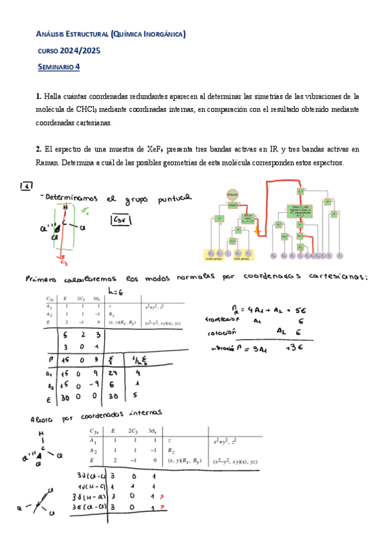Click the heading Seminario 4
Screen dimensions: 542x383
click(59, 66)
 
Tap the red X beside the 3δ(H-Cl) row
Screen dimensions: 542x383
click(164, 496)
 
